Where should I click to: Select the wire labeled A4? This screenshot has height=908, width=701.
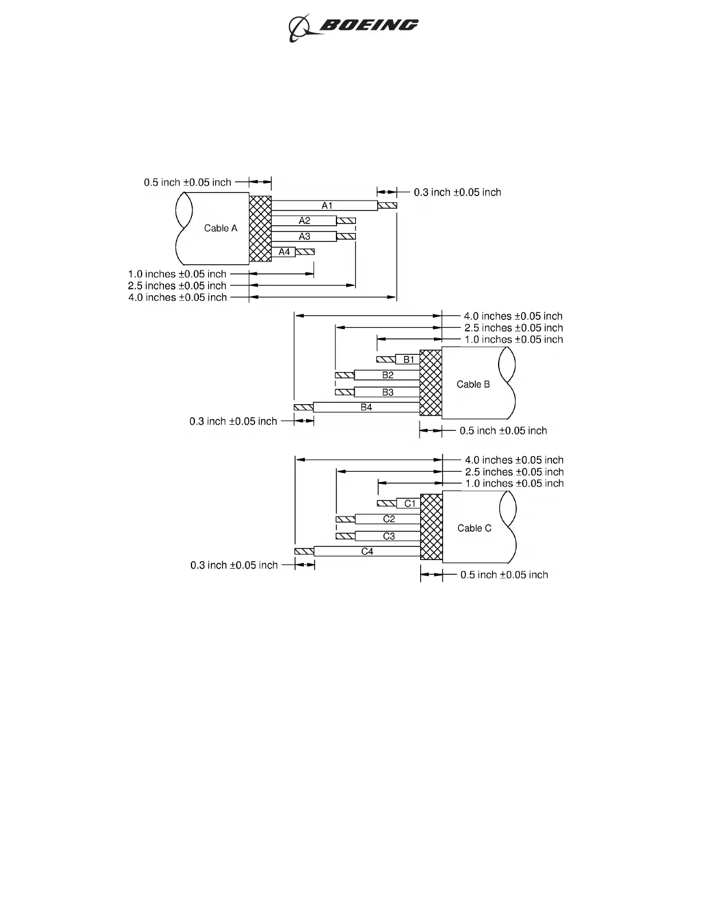(x=284, y=252)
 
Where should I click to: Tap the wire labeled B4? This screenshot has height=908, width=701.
(x=366, y=408)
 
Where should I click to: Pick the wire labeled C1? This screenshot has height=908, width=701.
(x=409, y=503)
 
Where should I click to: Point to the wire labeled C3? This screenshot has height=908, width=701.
(x=388, y=537)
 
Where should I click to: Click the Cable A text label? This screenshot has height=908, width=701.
(x=221, y=228)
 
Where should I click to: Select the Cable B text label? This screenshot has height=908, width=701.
(x=473, y=384)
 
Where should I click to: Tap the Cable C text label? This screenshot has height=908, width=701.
(x=474, y=528)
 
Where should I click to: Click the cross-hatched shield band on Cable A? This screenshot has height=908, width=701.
(x=260, y=228)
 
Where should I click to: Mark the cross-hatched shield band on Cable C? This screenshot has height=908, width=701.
(x=431, y=527)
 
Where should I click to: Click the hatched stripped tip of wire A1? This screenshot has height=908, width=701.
(x=387, y=206)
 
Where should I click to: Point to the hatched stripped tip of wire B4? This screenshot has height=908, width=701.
(x=303, y=408)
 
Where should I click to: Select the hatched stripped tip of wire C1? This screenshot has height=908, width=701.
(x=386, y=503)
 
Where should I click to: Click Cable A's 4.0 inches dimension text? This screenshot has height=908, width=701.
(x=178, y=298)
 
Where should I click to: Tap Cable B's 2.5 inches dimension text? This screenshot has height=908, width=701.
(x=514, y=328)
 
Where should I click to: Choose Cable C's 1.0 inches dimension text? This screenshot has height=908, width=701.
(x=514, y=483)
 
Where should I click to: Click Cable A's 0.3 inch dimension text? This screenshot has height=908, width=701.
(x=457, y=192)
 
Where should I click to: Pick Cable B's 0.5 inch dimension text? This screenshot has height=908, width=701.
(x=503, y=430)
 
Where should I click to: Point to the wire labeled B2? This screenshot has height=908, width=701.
(x=387, y=375)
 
